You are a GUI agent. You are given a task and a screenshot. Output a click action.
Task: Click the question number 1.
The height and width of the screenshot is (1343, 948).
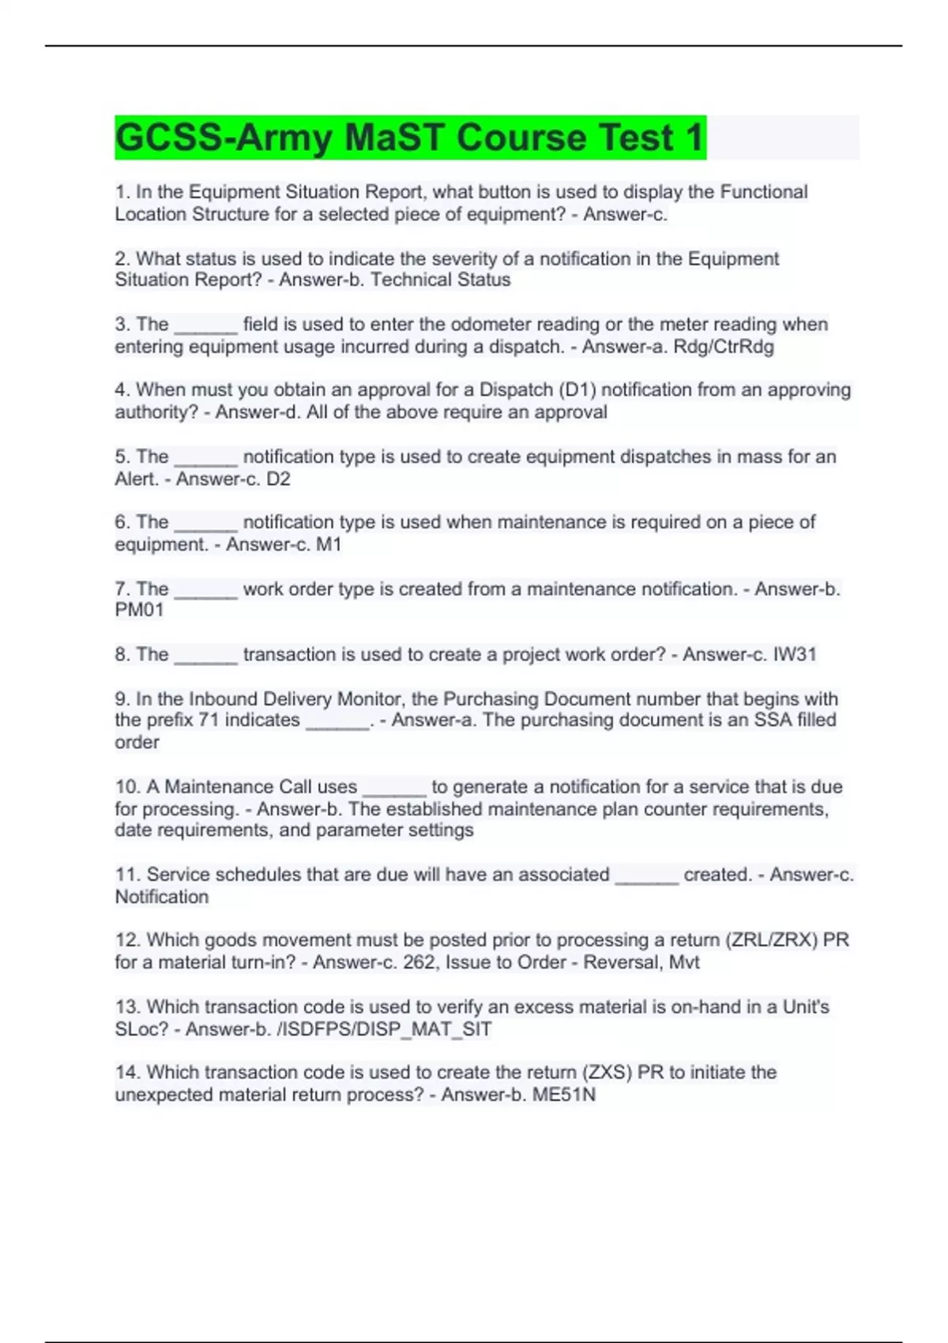pos(121,192)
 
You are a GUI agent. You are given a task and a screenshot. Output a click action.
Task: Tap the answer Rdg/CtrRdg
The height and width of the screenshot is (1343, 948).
pos(723,347)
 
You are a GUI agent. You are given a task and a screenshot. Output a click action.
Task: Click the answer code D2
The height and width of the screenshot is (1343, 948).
pos(278,479)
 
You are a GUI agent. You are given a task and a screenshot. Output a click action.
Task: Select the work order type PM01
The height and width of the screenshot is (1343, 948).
pos(139,610)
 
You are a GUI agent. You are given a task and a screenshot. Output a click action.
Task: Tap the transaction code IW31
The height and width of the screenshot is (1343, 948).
pos(794,655)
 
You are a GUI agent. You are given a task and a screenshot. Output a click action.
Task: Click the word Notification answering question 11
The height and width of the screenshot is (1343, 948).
pos(162,897)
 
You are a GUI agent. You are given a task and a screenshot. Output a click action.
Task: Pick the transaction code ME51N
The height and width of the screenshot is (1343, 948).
pos(563,1095)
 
